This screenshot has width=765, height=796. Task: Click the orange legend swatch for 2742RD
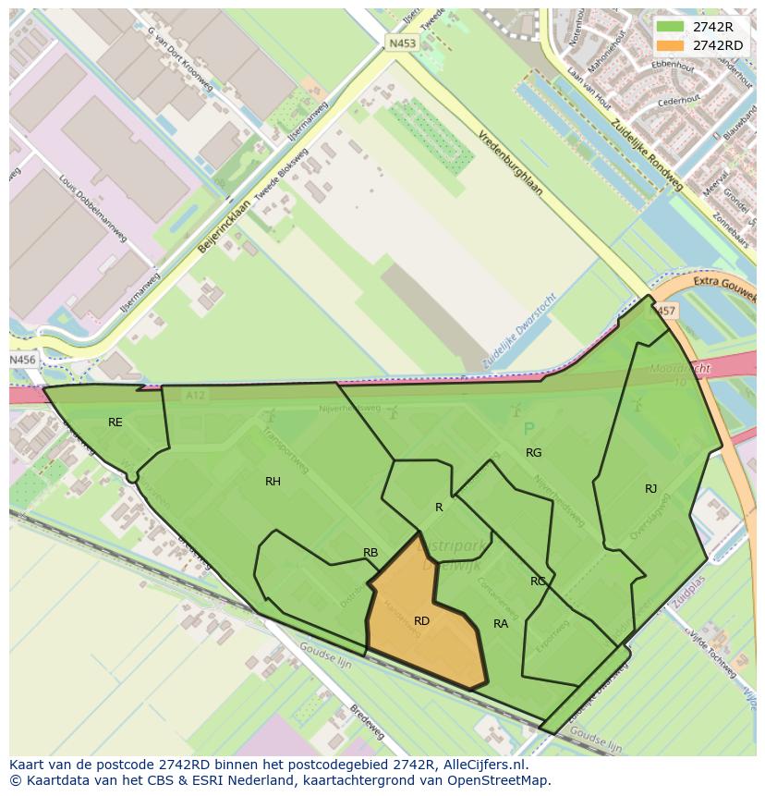pos(672,45)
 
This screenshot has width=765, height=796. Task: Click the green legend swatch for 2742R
pos(672,27)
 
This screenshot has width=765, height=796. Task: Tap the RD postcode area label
pos(421,621)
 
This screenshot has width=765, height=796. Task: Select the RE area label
pos(115,422)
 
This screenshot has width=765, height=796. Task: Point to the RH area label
pos(273,482)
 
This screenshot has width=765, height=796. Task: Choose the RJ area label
pos(651,489)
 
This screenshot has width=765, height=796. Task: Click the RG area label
pos(533,453)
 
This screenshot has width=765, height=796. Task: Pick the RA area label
pos(501,624)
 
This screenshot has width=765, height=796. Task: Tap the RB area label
pos(370,553)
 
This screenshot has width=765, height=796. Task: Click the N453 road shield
pos(402,43)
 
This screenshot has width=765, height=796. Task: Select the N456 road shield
pos(23,360)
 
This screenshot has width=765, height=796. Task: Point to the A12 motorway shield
pos(194,395)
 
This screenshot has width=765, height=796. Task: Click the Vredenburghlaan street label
pos(511,162)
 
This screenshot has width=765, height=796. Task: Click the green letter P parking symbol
pos(528,429)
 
